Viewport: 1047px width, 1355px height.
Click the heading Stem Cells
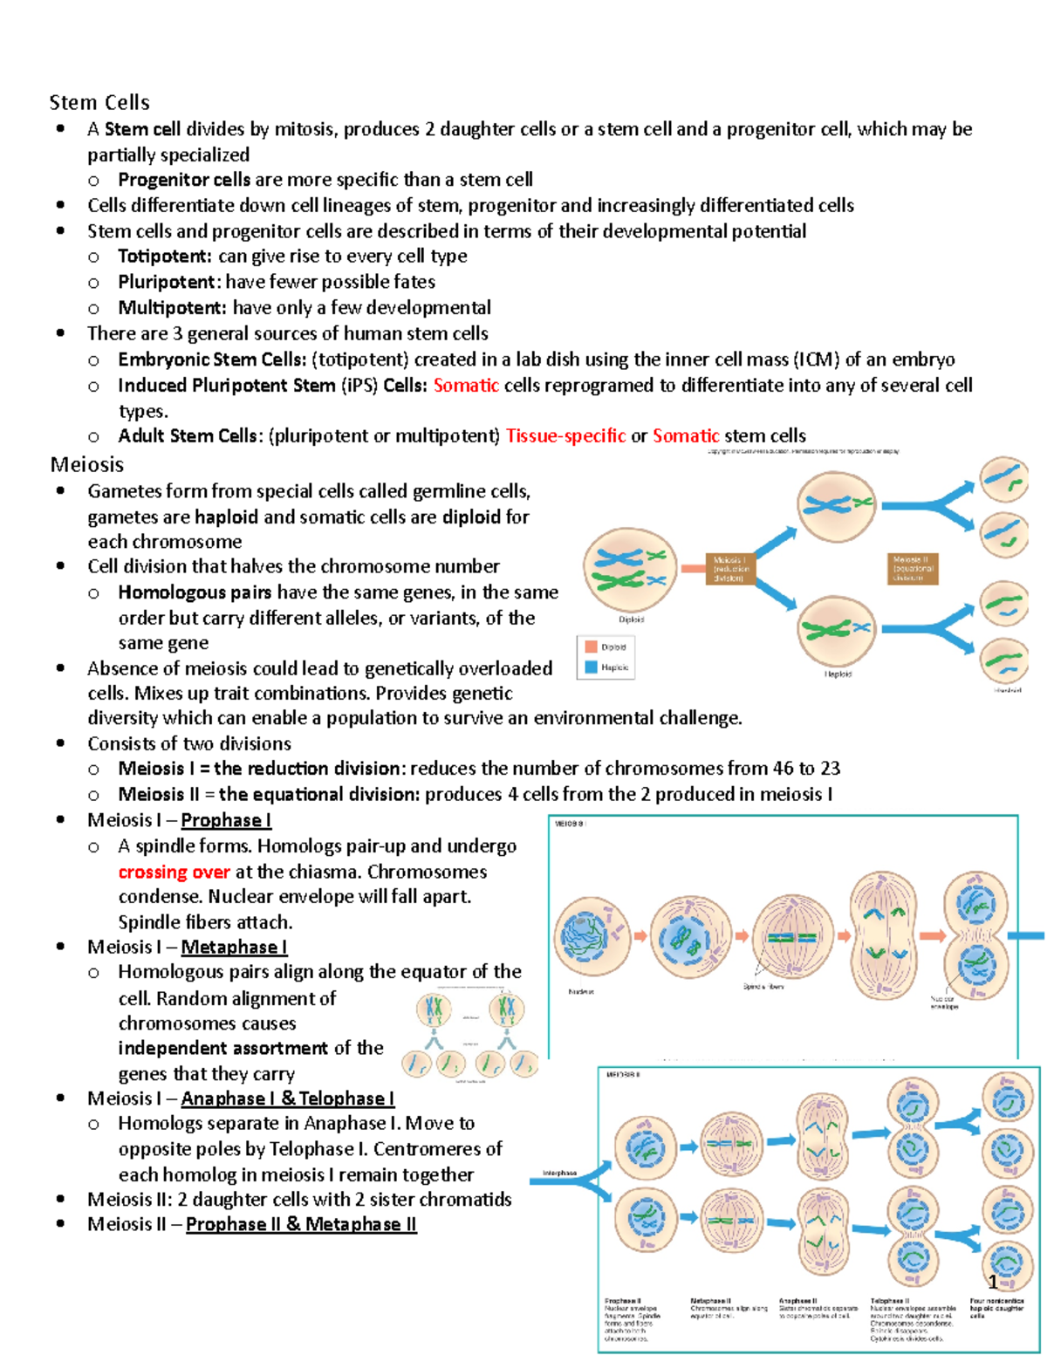point(99,103)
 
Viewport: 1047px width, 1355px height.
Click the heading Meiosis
point(86,465)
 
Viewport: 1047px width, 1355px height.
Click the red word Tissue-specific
point(565,436)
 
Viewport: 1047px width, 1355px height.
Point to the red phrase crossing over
point(174,872)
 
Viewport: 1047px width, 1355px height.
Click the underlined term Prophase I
point(226,820)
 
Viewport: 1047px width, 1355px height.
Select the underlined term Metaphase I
point(234,948)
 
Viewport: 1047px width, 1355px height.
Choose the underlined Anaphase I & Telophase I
point(288,1098)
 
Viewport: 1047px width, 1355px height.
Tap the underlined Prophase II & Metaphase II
point(301,1225)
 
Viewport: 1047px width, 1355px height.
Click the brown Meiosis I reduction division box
point(729,569)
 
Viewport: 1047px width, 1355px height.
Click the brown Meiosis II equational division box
point(914,568)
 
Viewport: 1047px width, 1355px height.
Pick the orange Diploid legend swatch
point(591,647)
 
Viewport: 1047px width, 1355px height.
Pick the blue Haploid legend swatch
point(591,667)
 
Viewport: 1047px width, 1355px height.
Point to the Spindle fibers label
point(763,987)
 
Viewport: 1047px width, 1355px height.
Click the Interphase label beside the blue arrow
point(559,1174)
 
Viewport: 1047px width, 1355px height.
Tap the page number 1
point(993,1283)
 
